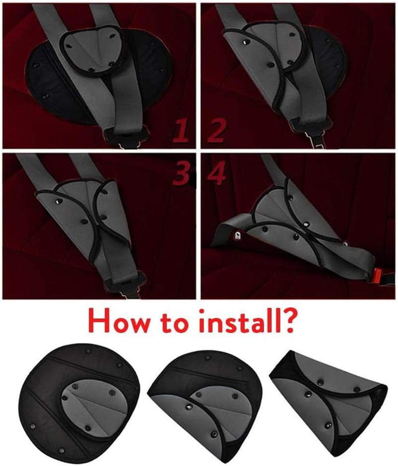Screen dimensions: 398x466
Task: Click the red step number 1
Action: pos(181,130)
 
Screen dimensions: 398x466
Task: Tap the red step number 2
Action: pos(217,130)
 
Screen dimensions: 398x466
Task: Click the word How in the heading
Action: pos(118,322)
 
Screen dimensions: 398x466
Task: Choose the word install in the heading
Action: pos(240,321)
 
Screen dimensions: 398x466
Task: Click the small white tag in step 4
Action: pos(237,236)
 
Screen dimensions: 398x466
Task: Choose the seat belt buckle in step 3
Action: pos(125,284)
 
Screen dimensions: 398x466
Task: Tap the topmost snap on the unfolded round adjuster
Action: pos(88,351)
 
